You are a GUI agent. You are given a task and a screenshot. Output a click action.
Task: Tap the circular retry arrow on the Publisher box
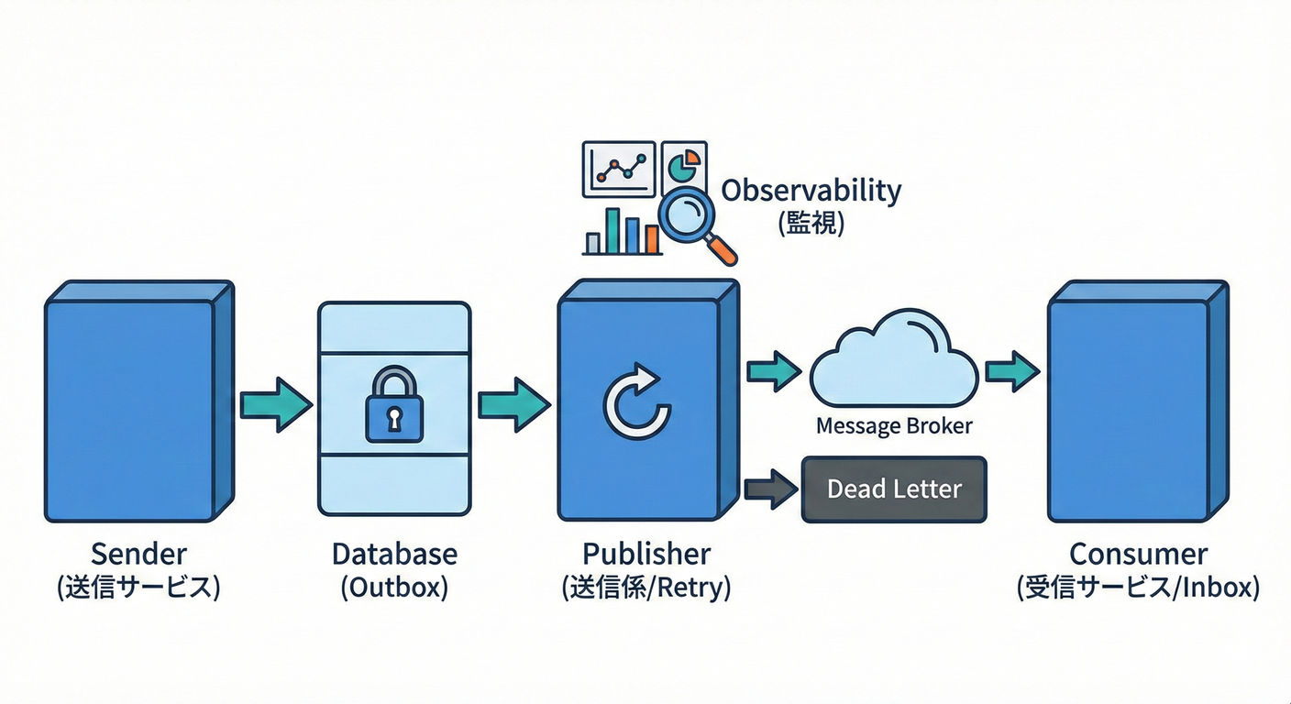pos(636,402)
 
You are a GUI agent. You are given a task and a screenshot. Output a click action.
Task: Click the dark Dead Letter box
pos(894,489)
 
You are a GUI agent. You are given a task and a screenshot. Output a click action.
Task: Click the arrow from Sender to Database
pos(275,404)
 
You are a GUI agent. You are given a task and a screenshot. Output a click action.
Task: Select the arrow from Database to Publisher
pos(513,404)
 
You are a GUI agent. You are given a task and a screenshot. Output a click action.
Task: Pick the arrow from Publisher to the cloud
pos(774,371)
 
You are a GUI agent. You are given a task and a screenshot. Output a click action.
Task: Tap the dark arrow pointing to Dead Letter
pos(771,489)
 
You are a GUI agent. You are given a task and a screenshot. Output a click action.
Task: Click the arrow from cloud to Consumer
pos(1011,371)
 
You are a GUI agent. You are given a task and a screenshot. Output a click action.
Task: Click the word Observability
pos(811,191)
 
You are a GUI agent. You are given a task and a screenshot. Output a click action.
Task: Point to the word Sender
pos(138,554)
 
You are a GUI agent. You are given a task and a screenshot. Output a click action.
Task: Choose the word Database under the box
pos(394,554)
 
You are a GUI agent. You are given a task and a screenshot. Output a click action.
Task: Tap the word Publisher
pos(646,554)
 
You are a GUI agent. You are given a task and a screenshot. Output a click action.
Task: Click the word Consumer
pos(1138,554)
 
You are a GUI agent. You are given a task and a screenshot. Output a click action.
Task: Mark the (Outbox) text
pos(394,588)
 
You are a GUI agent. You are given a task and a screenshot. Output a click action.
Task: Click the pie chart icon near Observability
pos(683,166)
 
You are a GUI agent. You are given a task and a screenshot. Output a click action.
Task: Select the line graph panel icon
pos(618,168)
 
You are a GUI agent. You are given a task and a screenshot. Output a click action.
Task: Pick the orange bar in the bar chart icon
pos(652,238)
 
